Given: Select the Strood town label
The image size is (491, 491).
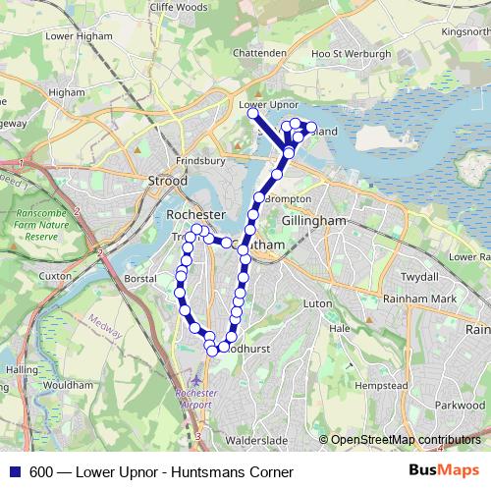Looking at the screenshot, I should (x=166, y=181).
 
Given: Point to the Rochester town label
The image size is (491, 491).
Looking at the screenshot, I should (x=196, y=214).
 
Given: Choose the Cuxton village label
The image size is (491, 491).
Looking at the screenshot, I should (x=56, y=277).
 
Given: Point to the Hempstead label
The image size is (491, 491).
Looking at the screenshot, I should (x=382, y=386).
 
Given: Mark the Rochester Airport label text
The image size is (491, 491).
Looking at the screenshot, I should (x=194, y=399).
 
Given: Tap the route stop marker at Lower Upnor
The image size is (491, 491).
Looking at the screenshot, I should (x=252, y=114).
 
